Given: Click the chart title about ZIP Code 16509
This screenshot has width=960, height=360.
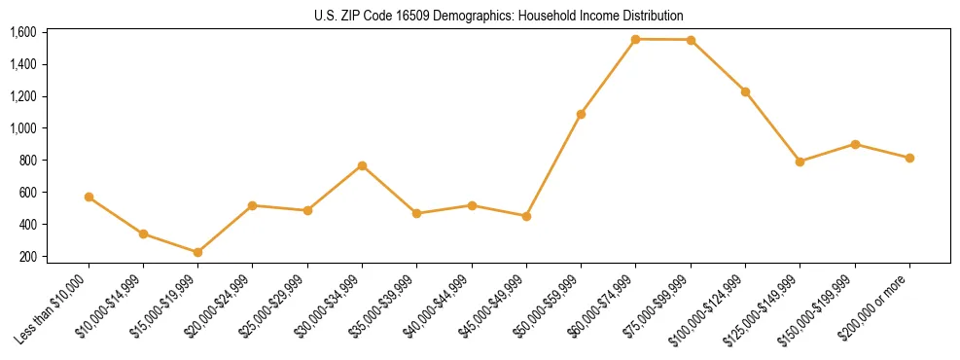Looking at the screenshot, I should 499,16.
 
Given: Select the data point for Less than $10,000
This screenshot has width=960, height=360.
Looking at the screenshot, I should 89,197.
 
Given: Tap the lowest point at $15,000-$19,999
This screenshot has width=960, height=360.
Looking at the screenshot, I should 197,252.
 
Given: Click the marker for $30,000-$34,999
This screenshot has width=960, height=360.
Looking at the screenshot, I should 362,165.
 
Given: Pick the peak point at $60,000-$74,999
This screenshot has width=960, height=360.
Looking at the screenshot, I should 635,39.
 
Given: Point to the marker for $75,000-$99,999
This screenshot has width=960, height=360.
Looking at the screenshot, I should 691,40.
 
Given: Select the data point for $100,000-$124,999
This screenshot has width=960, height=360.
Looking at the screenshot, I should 745,91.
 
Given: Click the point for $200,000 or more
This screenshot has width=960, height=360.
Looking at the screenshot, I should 909,158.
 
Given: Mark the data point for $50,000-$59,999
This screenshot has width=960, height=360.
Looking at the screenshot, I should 581,114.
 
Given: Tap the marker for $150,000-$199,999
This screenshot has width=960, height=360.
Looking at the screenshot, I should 855,144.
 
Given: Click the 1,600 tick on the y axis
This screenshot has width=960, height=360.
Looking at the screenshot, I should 22,32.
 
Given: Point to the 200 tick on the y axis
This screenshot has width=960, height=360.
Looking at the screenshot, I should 27,256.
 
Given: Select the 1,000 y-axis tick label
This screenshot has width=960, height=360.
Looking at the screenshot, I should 22,128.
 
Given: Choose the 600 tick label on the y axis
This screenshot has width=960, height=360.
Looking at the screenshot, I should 27,192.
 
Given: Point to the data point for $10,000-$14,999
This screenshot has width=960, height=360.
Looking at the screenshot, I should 143,234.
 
